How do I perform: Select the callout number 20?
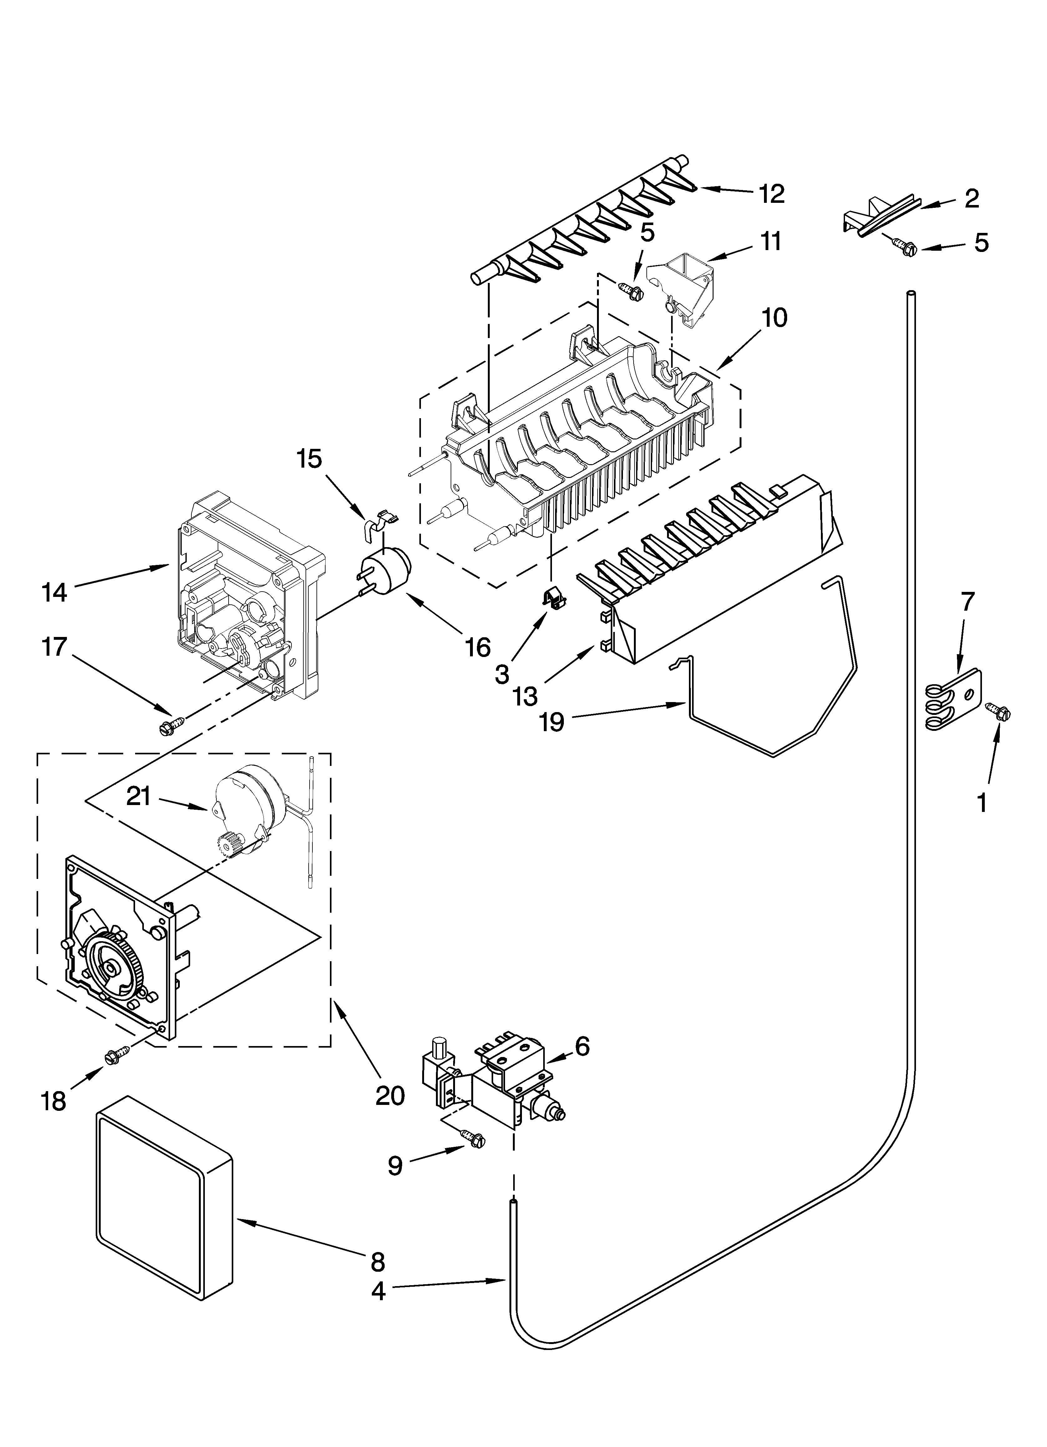390,1095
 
